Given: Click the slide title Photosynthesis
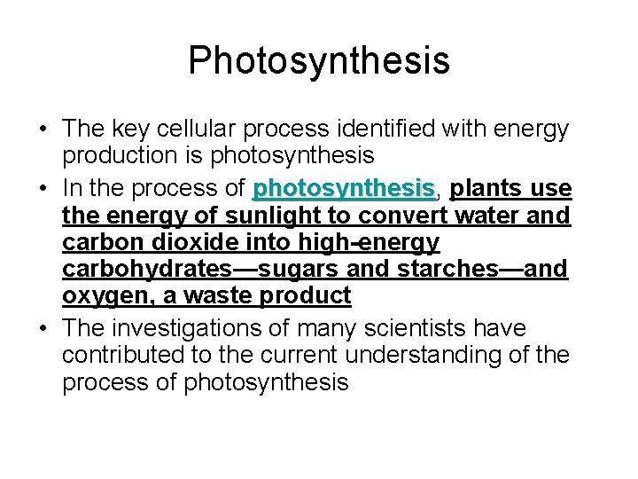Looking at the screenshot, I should (319, 61).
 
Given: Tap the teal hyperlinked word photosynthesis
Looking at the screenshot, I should (343, 189).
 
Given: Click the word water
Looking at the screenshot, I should (495, 216).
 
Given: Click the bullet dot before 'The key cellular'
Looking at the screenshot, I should (43, 130).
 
